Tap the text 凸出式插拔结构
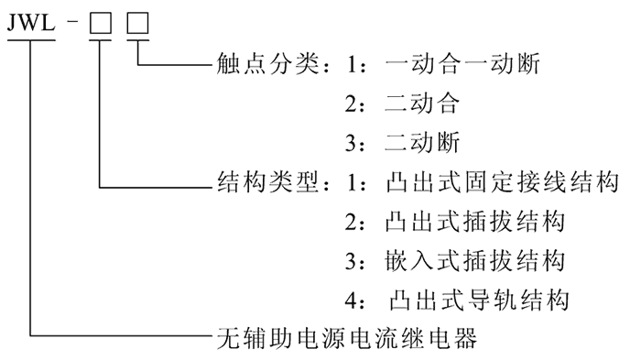468,223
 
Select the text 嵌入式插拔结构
468,261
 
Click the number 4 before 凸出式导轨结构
351,300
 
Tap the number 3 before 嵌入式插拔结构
351,261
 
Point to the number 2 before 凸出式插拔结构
351,223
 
